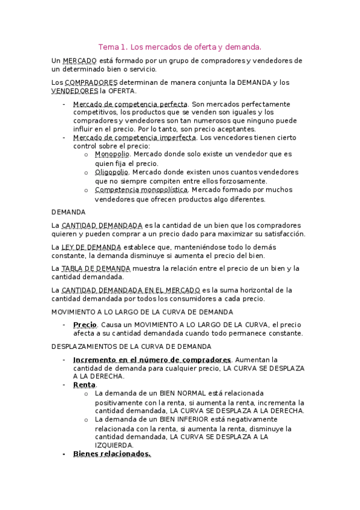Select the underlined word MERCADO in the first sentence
79,61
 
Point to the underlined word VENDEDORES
75,91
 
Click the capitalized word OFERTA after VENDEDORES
122,91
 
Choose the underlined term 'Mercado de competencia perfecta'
130,104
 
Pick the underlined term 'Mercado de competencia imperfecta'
133,138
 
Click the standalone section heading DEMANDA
69,212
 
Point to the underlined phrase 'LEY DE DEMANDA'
91,247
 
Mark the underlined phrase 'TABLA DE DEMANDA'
96,268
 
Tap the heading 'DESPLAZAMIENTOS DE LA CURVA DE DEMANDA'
132,346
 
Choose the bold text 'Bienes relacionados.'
112,454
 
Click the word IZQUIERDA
114,445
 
